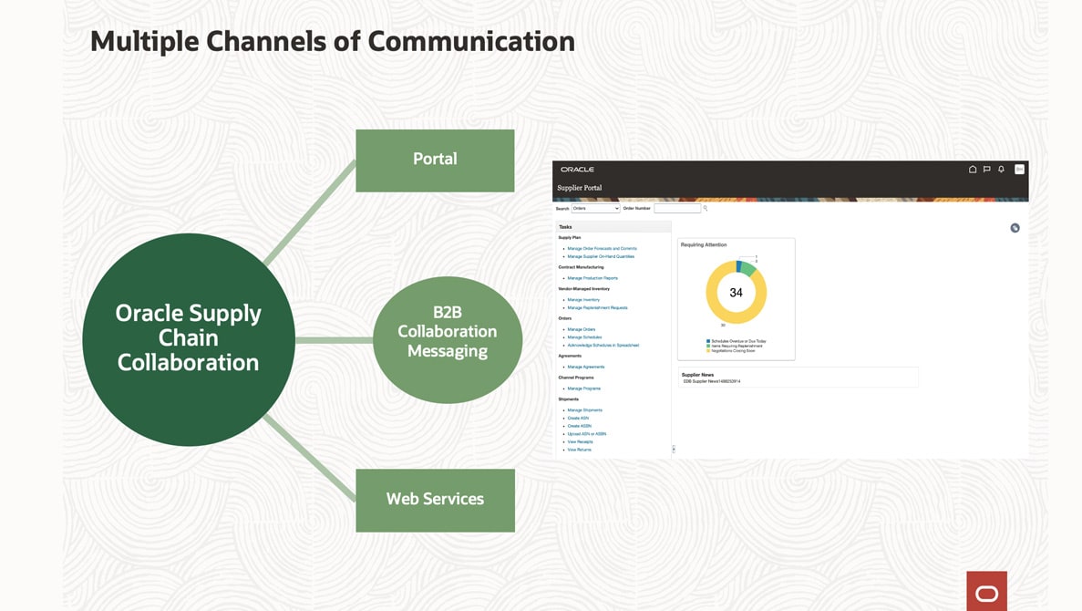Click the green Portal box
[435, 161]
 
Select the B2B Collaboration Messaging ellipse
[447, 338]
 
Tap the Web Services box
[435, 500]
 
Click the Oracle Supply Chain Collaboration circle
[189, 338]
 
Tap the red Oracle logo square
[986, 591]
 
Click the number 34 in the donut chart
[736, 293]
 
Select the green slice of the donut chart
[747, 268]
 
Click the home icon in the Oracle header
[973, 170]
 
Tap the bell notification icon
[1001, 170]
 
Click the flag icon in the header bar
[986, 170]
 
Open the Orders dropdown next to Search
[595, 209]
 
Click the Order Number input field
[677, 209]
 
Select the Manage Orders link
[581, 329]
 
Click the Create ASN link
[578, 418]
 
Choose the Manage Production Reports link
[592, 278]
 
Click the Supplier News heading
[697, 375]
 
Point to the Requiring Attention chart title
[704, 244]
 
